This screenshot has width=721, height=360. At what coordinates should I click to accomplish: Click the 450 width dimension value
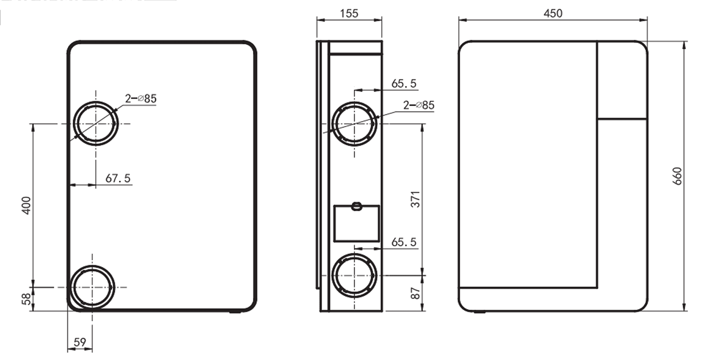click(x=553, y=14)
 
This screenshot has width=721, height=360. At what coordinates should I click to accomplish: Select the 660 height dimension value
click(x=677, y=176)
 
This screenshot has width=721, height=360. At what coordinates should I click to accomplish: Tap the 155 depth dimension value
click(x=349, y=14)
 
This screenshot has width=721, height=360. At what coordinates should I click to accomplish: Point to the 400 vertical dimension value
click(x=26, y=205)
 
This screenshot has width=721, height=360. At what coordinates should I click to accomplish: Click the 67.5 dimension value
click(x=118, y=178)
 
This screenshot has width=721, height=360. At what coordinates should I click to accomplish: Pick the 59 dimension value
click(x=80, y=342)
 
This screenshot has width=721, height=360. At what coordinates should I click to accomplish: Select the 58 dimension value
click(x=27, y=299)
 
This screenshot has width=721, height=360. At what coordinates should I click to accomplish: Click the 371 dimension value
click(x=416, y=199)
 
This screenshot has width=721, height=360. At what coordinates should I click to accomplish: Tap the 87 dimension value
click(x=416, y=293)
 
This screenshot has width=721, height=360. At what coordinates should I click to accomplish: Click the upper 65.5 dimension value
click(x=404, y=84)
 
